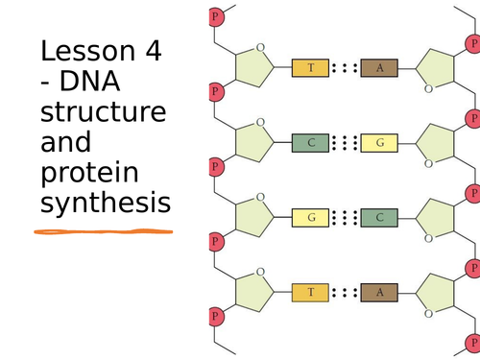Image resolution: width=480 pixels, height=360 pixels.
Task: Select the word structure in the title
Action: click(103, 114)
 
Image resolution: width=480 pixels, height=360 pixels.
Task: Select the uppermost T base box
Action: click(310, 68)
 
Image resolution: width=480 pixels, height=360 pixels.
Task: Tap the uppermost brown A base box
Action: click(380, 68)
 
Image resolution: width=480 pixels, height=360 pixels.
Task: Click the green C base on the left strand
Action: click(310, 143)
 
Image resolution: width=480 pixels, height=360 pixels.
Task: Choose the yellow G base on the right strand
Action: click(380, 143)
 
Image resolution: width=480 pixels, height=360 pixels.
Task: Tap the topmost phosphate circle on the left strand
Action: click(215, 17)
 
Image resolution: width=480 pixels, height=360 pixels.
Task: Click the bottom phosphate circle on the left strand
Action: click(215, 316)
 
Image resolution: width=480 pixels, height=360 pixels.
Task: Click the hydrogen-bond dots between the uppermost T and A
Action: click(345, 68)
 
